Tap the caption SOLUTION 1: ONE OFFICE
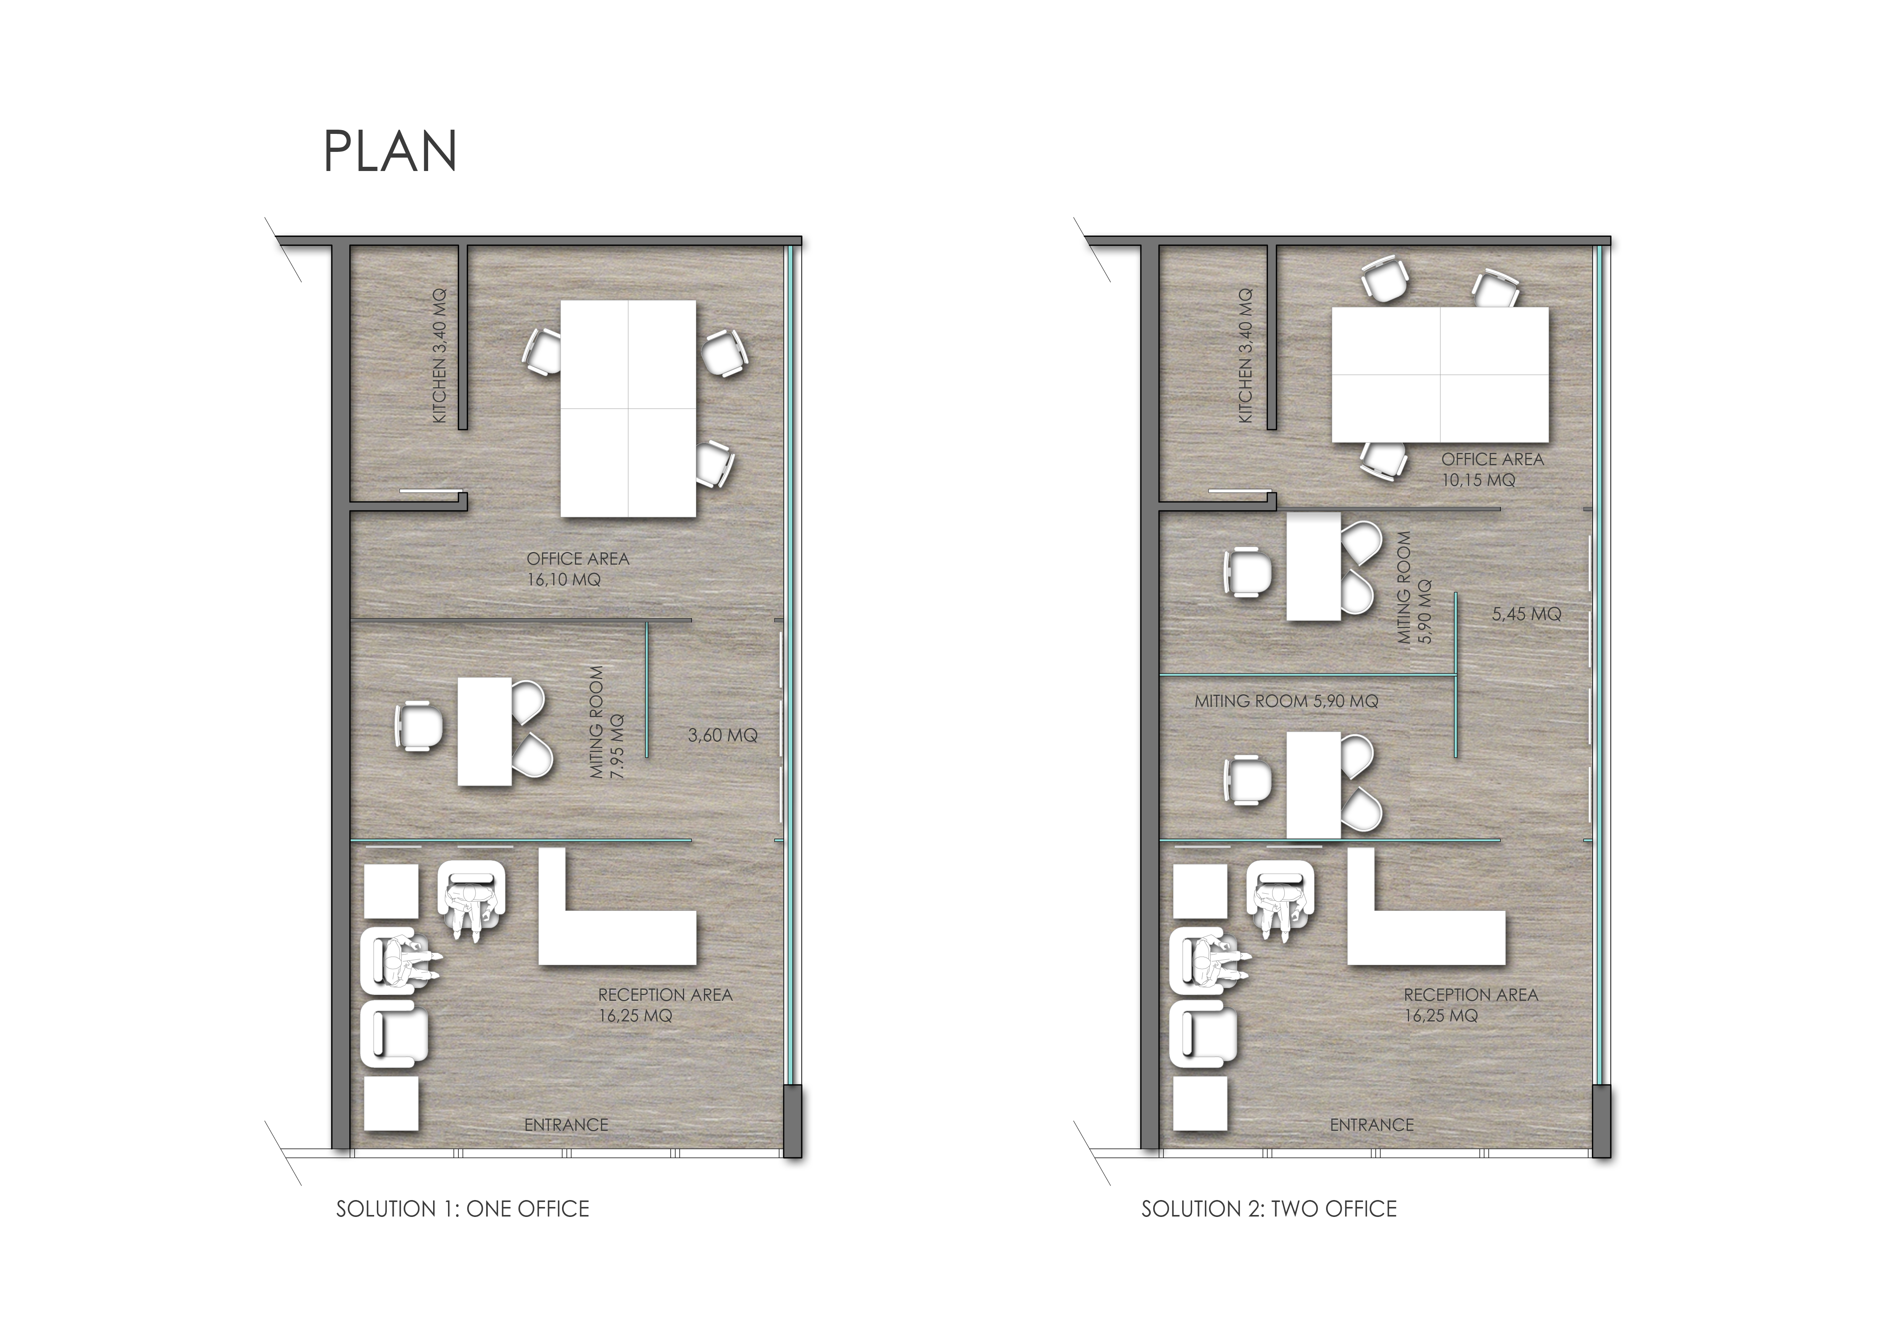[x=462, y=1209]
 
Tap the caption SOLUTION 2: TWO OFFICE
[x=1269, y=1209]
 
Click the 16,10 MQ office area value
[x=564, y=579]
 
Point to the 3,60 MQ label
[x=722, y=735]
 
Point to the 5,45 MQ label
[x=1527, y=614]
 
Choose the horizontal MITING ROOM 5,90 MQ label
[x=1286, y=701]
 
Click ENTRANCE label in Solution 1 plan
[x=566, y=1125]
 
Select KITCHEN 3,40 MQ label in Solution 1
[x=439, y=355]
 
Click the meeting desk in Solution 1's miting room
[x=485, y=731]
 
